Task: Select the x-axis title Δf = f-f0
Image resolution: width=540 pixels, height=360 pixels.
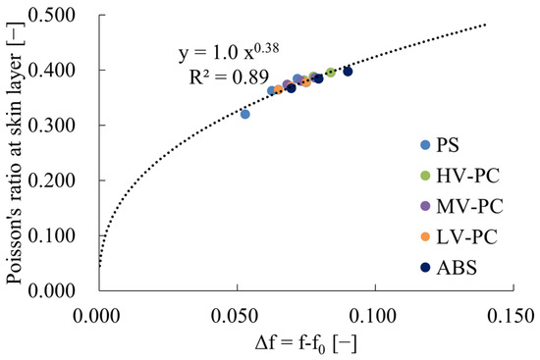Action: pyautogui.click(x=305, y=342)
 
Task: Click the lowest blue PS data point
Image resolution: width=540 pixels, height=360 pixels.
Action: pyautogui.click(x=245, y=115)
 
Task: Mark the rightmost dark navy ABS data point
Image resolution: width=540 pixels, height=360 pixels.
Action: pyautogui.click(x=348, y=71)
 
